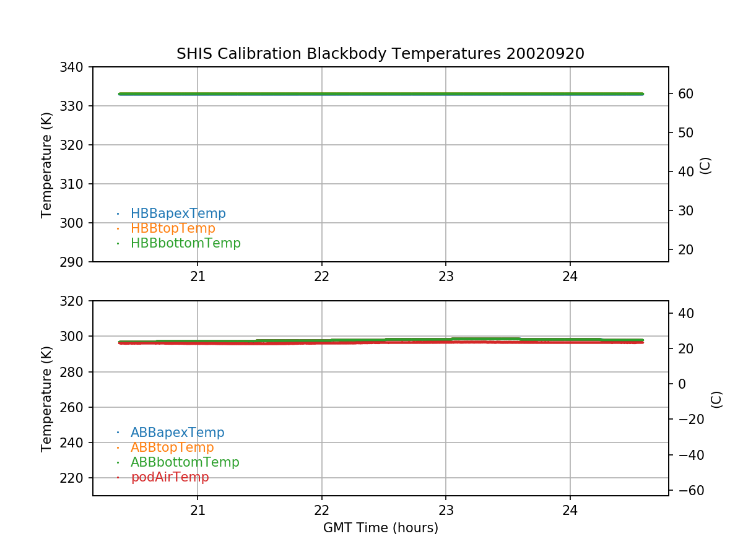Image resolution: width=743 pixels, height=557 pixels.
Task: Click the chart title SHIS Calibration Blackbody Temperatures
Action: pos(380,54)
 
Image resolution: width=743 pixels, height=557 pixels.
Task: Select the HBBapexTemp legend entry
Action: pos(178,214)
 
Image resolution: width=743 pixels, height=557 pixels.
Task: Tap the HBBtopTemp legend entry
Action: pos(173,228)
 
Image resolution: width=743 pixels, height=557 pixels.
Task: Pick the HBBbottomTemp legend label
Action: pos(185,243)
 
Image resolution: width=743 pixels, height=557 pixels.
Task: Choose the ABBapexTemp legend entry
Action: pos(177,433)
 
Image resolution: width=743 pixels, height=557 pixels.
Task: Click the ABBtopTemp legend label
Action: pos(172,447)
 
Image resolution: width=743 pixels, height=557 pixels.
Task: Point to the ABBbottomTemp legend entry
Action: pos(185,462)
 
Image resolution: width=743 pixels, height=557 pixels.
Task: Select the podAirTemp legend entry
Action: pos(170,477)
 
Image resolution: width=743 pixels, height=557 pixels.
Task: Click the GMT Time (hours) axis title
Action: pos(380,528)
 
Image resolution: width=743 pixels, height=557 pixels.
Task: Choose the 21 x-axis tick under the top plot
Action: pos(198,277)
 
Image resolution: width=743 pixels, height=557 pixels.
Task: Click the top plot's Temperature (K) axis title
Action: pos(47,164)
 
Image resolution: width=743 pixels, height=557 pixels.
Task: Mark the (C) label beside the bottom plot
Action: pos(716,399)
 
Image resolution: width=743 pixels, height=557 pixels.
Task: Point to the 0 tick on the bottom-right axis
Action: pos(682,384)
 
